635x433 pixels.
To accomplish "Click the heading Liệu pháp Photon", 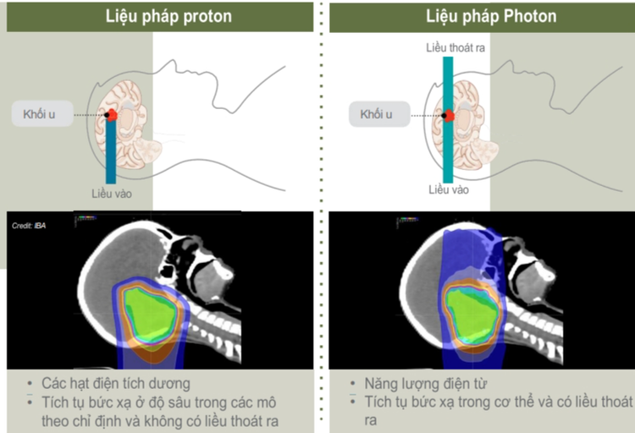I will tap(479, 16).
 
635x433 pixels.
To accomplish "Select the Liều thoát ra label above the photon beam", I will tap(455, 48).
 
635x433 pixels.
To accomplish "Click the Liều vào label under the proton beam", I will tap(112, 195).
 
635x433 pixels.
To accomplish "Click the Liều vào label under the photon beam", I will tap(448, 190).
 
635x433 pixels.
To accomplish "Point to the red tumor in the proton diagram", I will tap(112, 115).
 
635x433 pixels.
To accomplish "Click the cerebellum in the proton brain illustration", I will tap(138, 153).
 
